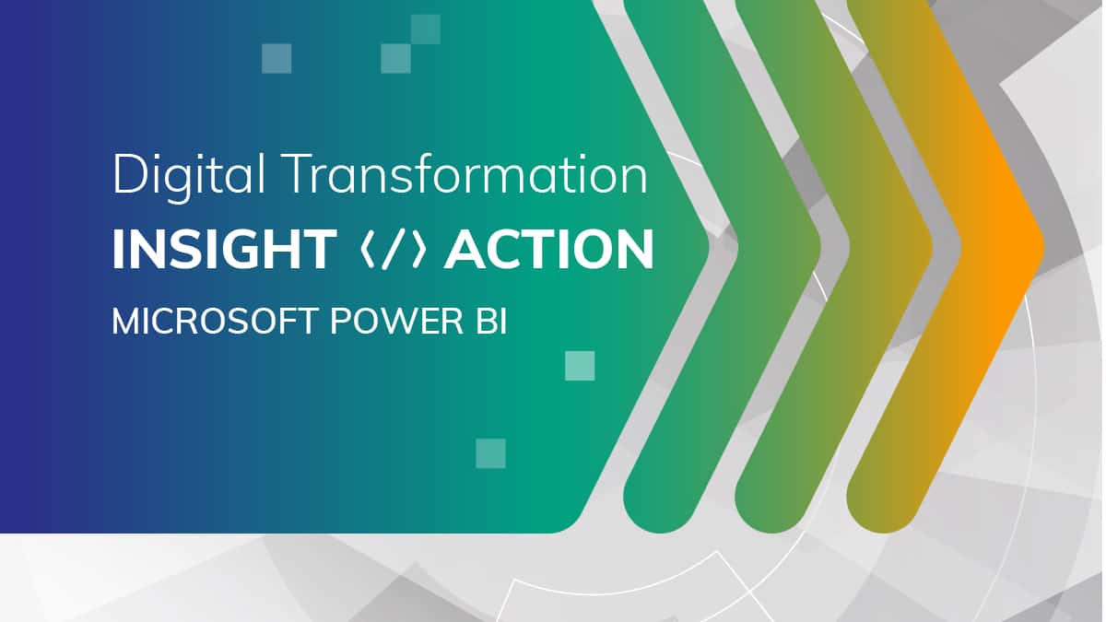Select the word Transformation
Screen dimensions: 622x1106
(465, 175)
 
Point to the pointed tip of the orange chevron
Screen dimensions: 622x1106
(1041, 248)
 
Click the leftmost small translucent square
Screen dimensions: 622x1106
(276, 58)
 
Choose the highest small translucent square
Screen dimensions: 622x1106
(425, 29)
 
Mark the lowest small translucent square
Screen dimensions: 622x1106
(490, 453)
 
